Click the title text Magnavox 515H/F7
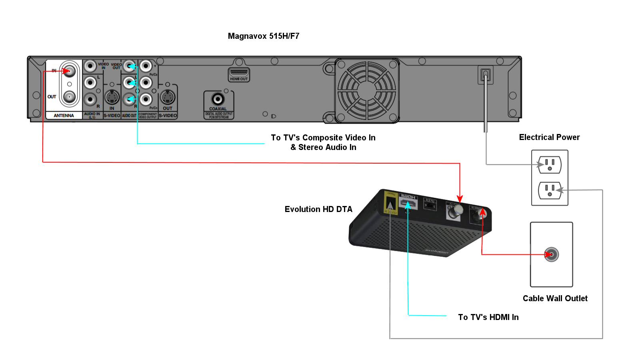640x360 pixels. tap(263, 36)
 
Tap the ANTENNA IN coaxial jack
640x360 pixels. tap(69, 72)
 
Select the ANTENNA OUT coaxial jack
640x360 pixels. tap(69, 96)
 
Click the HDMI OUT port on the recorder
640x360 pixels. tap(239, 74)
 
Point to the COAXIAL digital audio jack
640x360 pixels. tap(218, 99)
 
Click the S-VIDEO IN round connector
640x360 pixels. tap(112, 97)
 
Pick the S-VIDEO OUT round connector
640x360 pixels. tap(168, 97)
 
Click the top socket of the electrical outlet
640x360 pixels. tap(550, 164)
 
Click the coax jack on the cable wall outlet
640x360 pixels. tap(551, 254)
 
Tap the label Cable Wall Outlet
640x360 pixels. tap(555, 298)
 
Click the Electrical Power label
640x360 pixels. tap(549, 137)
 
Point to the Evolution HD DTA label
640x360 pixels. tap(318, 209)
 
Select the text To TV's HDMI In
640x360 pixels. tap(488, 317)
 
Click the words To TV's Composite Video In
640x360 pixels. tap(323, 138)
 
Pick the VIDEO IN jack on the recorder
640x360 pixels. tap(90, 66)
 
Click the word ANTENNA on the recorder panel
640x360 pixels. tap(64, 116)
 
